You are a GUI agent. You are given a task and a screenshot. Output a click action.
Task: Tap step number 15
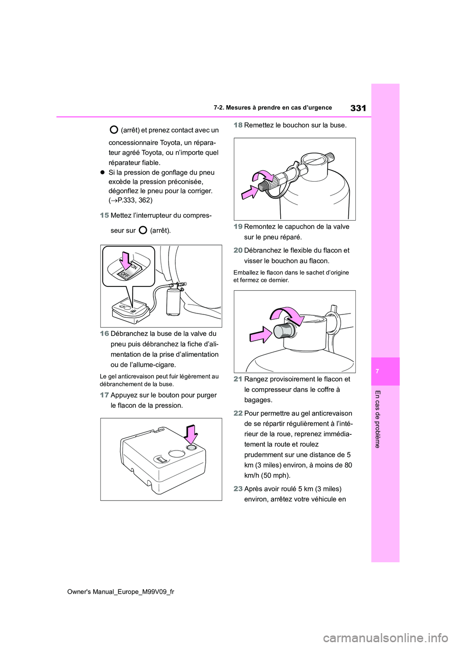pyautogui.click(x=104, y=215)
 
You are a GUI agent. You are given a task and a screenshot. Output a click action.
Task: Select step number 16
pyautogui.click(x=104, y=333)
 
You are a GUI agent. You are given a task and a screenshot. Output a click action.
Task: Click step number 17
pyautogui.click(x=104, y=395)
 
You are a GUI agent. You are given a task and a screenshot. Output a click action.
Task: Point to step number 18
pyautogui.click(x=238, y=125)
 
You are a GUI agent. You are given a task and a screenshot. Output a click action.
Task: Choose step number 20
pyautogui.click(x=238, y=250)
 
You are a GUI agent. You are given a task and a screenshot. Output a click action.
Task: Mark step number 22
pyautogui.click(x=238, y=413)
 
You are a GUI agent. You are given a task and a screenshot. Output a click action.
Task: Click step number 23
pyautogui.click(x=238, y=489)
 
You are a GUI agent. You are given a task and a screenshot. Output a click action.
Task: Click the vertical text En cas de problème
pyautogui.click(x=378, y=419)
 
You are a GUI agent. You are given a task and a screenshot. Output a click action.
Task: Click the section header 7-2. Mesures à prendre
pyautogui.click(x=273, y=108)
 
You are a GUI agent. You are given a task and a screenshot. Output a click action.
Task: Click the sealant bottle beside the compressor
pyautogui.click(x=172, y=302)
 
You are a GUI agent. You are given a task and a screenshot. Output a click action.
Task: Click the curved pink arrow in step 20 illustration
pyautogui.click(x=287, y=314)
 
